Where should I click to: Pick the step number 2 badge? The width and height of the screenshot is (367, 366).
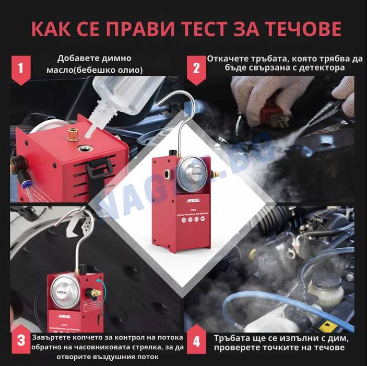[196, 68]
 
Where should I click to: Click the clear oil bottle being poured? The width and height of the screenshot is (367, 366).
[117, 97]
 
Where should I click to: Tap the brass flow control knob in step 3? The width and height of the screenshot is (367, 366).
[96, 292]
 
